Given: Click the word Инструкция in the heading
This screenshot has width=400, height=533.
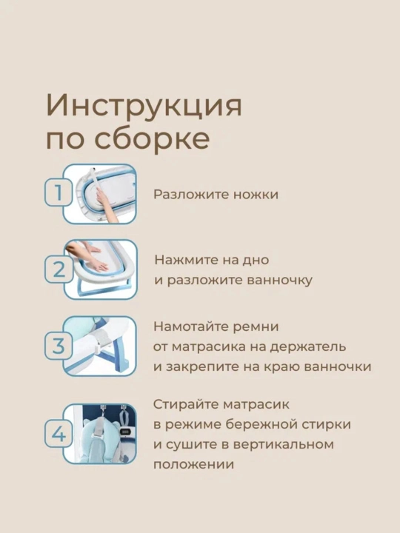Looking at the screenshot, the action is pyautogui.click(x=144, y=105).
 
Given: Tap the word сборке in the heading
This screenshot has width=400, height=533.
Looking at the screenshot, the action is pyautogui.click(x=152, y=138).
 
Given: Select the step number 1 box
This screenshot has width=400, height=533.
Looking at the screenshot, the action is pyautogui.click(x=59, y=193).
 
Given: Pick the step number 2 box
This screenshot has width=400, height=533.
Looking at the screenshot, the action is pyautogui.click(x=59, y=269).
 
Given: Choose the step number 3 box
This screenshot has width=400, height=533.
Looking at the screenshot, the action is pyautogui.click(x=59, y=346).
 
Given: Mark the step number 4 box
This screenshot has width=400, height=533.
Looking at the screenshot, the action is pyautogui.click(x=59, y=434).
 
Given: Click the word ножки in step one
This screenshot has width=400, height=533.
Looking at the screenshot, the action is pyautogui.click(x=256, y=195).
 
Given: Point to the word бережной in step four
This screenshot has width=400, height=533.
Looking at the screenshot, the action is pyautogui.click(x=259, y=424).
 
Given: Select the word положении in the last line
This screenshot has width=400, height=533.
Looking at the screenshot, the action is pyautogui.click(x=193, y=465).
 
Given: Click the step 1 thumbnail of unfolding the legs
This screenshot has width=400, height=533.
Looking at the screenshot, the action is pyautogui.click(x=100, y=194).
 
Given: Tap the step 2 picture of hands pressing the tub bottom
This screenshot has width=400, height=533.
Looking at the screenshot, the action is pyautogui.click(x=100, y=269).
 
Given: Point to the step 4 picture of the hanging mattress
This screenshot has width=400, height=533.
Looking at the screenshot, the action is pyautogui.click(x=100, y=434).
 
